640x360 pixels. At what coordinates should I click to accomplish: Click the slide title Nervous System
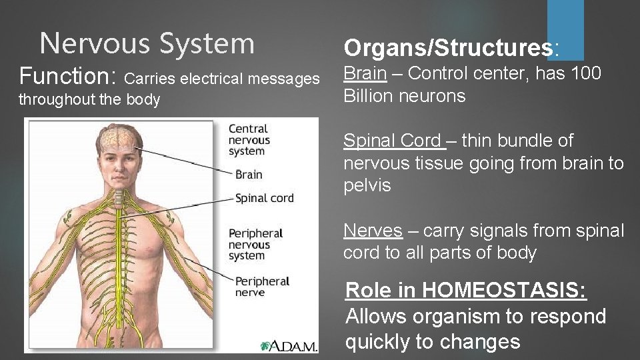[147, 43]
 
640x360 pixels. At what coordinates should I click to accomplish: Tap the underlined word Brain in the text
[365, 73]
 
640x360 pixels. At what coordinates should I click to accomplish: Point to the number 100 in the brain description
[587, 73]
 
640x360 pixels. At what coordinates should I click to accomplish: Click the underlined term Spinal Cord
[392, 141]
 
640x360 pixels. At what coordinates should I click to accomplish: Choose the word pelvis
[367, 185]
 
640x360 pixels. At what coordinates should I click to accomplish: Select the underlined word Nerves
[373, 231]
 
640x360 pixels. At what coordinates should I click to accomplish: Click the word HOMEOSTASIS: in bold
[504, 290]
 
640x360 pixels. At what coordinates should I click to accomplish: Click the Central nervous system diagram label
[249, 140]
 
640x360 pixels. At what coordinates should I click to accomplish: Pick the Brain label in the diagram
[249, 175]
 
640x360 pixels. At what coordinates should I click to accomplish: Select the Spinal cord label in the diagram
[264, 198]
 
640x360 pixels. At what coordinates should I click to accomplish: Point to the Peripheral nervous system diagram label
[255, 245]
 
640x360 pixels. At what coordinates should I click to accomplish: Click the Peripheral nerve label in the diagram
[261, 287]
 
